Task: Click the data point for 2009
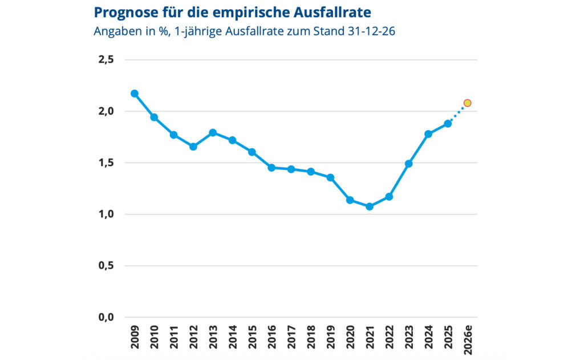coord(135,94)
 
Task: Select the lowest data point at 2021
coord(370,207)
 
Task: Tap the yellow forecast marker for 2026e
coord(468,103)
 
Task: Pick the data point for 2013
coord(213,132)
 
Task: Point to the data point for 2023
coord(409,164)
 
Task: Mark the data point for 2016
coord(271,168)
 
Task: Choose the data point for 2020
coord(350,200)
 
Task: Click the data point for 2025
coord(448,123)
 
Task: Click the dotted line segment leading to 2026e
coord(458,113)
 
